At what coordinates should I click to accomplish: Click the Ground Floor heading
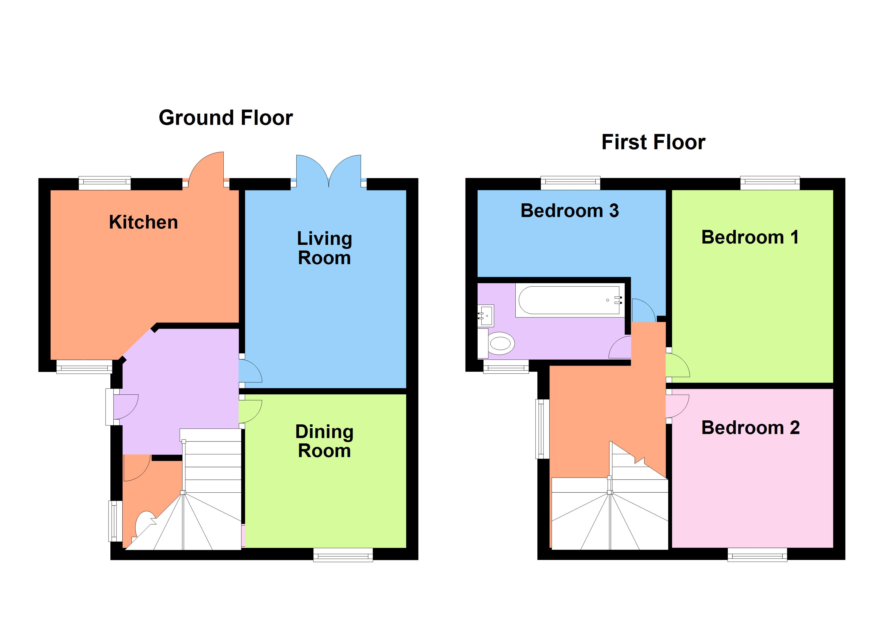(x=226, y=118)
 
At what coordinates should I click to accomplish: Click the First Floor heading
(x=653, y=142)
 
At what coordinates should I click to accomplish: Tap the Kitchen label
(x=143, y=222)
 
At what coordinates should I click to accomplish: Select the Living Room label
(x=324, y=248)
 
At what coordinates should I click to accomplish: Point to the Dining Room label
(x=324, y=441)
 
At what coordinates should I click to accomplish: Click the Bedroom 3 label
(x=570, y=211)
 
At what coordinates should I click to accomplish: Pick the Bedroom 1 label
(x=750, y=237)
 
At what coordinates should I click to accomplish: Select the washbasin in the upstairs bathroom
(x=486, y=315)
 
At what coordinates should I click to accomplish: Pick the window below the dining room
(x=343, y=555)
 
